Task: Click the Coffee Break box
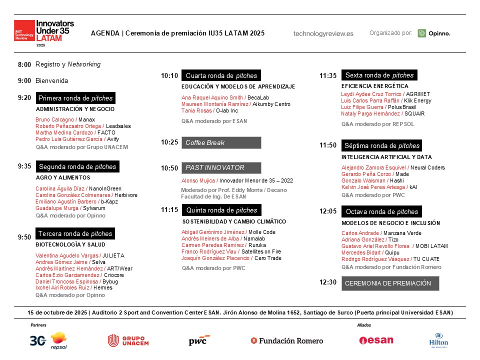coord(221,142)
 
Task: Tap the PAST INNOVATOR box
coord(221,168)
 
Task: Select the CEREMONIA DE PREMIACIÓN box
coord(390,283)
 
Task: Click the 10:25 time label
coord(169,142)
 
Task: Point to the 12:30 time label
coord(328,282)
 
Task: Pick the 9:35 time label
coord(24,166)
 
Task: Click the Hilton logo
coord(438,340)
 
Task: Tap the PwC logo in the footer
coord(199,340)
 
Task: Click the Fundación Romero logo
coord(287,340)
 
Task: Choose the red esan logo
coord(376,340)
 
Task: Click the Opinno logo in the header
coord(434,33)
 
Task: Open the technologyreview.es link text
coord(323,33)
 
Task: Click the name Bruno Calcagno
coord(54,119)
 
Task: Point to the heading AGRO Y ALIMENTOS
coord(63,177)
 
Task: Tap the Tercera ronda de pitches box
coord(75,233)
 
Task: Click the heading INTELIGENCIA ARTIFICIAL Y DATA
coord(386,157)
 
